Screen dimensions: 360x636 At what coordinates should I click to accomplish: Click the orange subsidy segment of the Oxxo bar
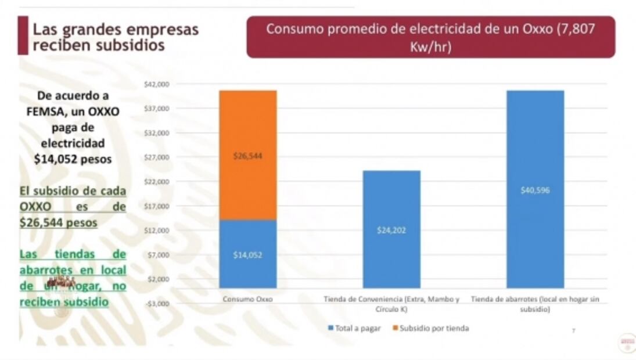tap(247, 155)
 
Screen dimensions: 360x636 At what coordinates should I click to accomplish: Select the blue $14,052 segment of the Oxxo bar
tap(247, 254)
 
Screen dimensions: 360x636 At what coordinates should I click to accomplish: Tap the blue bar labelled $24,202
tap(391, 229)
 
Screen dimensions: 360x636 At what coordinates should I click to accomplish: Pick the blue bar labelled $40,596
tap(535, 189)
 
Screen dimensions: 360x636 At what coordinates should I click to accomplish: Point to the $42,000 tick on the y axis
tap(156, 84)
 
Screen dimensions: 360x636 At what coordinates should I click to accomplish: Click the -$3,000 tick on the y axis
tap(156, 303)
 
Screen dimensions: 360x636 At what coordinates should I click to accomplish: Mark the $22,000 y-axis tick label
tap(156, 182)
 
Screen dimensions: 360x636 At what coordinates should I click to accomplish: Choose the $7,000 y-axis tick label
tap(156, 255)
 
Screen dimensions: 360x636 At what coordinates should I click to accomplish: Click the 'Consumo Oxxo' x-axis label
tap(247, 299)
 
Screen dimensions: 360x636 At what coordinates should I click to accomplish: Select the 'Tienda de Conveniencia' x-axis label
tap(391, 303)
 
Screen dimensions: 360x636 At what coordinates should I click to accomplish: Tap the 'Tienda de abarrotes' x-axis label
tap(535, 303)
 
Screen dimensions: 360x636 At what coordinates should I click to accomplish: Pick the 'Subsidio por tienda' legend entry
tap(432, 328)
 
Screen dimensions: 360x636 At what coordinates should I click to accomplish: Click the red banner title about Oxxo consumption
tap(430, 37)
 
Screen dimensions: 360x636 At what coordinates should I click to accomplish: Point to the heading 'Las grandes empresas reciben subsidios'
tap(115, 37)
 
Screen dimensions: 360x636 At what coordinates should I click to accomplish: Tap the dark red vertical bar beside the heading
tap(23, 36)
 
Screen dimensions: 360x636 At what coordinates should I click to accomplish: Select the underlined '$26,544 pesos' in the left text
tap(58, 222)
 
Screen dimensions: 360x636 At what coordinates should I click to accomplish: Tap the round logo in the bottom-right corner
tap(627, 342)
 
